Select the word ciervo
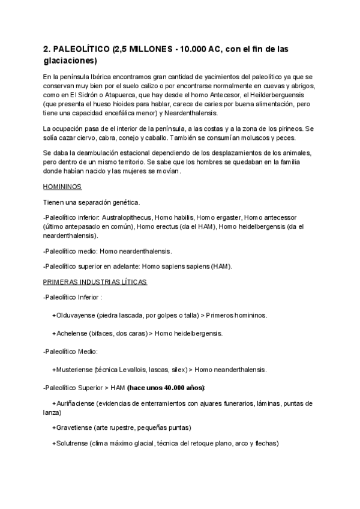86,137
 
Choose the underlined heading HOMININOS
62,187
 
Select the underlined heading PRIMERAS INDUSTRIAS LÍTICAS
95,282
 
